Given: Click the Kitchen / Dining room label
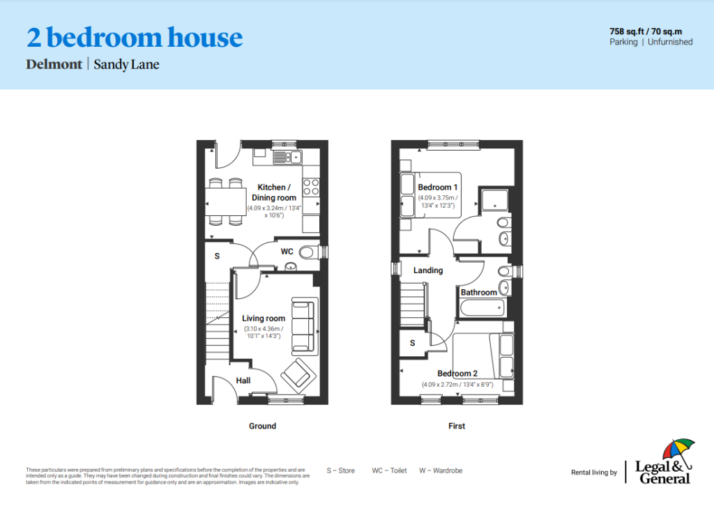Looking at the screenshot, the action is pyautogui.click(x=273, y=192).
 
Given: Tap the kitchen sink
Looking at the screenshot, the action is pyautogui.click(x=287, y=158).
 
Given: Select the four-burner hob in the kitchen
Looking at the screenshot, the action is pyautogui.click(x=311, y=187).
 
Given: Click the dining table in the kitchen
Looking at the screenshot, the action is pyautogui.click(x=225, y=202).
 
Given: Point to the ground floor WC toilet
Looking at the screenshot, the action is pyautogui.click(x=309, y=252).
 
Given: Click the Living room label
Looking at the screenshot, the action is pyautogui.click(x=263, y=319).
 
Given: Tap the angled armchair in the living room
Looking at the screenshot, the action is pyautogui.click(x=298, y=376).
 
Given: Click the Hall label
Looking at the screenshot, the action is pyautogui.click(x=243, y=381).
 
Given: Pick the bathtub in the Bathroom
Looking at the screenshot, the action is pyautogui.click(x=483, y=308).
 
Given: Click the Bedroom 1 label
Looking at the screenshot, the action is pyautogui.click(x=438, y=187).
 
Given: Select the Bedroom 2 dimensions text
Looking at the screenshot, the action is pyautogui.click(x=457, y=385).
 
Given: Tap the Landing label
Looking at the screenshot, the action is pyautogui.click(x=428, y=270).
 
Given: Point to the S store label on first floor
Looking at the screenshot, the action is pyautogui.click(x=413, y=343).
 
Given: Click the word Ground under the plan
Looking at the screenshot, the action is pyautogui.click(x=262, y=426).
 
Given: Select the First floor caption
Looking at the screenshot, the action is pyautogui.click(x=457, y=426).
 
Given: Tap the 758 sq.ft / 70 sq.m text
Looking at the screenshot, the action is pyautogui.click(x=646, y=31).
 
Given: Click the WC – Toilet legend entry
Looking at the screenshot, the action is pyautogui.click(x=389, y=470).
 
